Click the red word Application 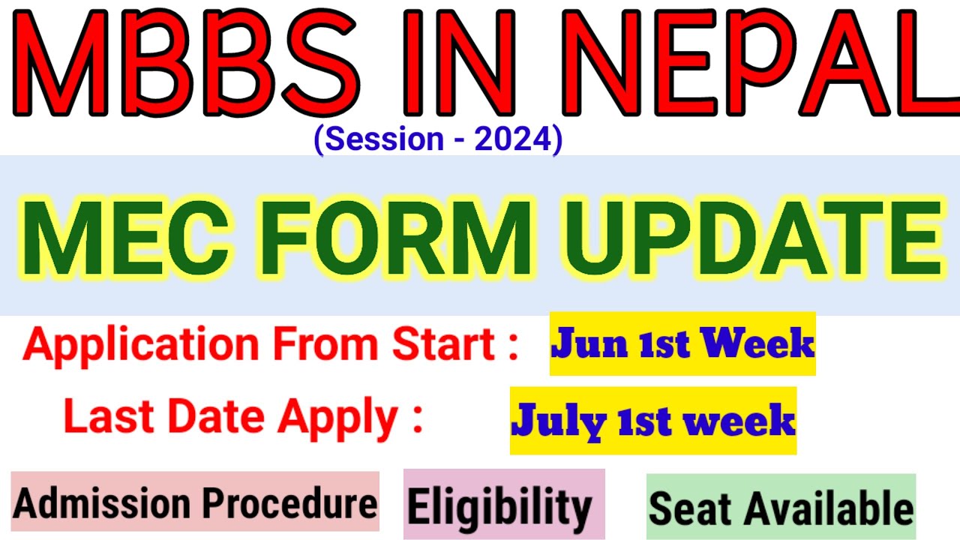tap(142, 345)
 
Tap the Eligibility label tap(499, 507)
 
